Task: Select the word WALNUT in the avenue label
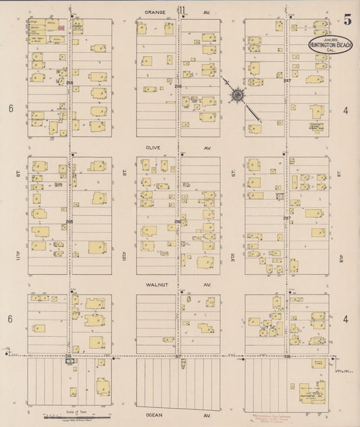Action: click(x=157, y=284)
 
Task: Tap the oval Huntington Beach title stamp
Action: click(x=330, y=45)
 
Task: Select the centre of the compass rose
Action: click(x=238, y=97)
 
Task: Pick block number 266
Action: click(x=69, y=82)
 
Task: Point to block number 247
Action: click(x=287, y=81)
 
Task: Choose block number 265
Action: click(x=69, y=220)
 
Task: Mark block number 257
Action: click(x=287, y=218)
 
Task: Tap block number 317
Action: click(x=178, y=356)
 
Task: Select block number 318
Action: click(x=287, y=355)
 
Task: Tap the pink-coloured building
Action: click(x=61, y=28)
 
